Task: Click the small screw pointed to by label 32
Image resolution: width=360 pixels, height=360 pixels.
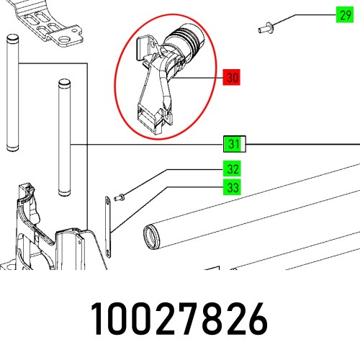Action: click(121, 195)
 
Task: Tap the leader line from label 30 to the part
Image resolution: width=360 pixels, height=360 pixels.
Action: click(198, 77)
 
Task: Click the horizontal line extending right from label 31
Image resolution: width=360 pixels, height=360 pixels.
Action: click(302, 145)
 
